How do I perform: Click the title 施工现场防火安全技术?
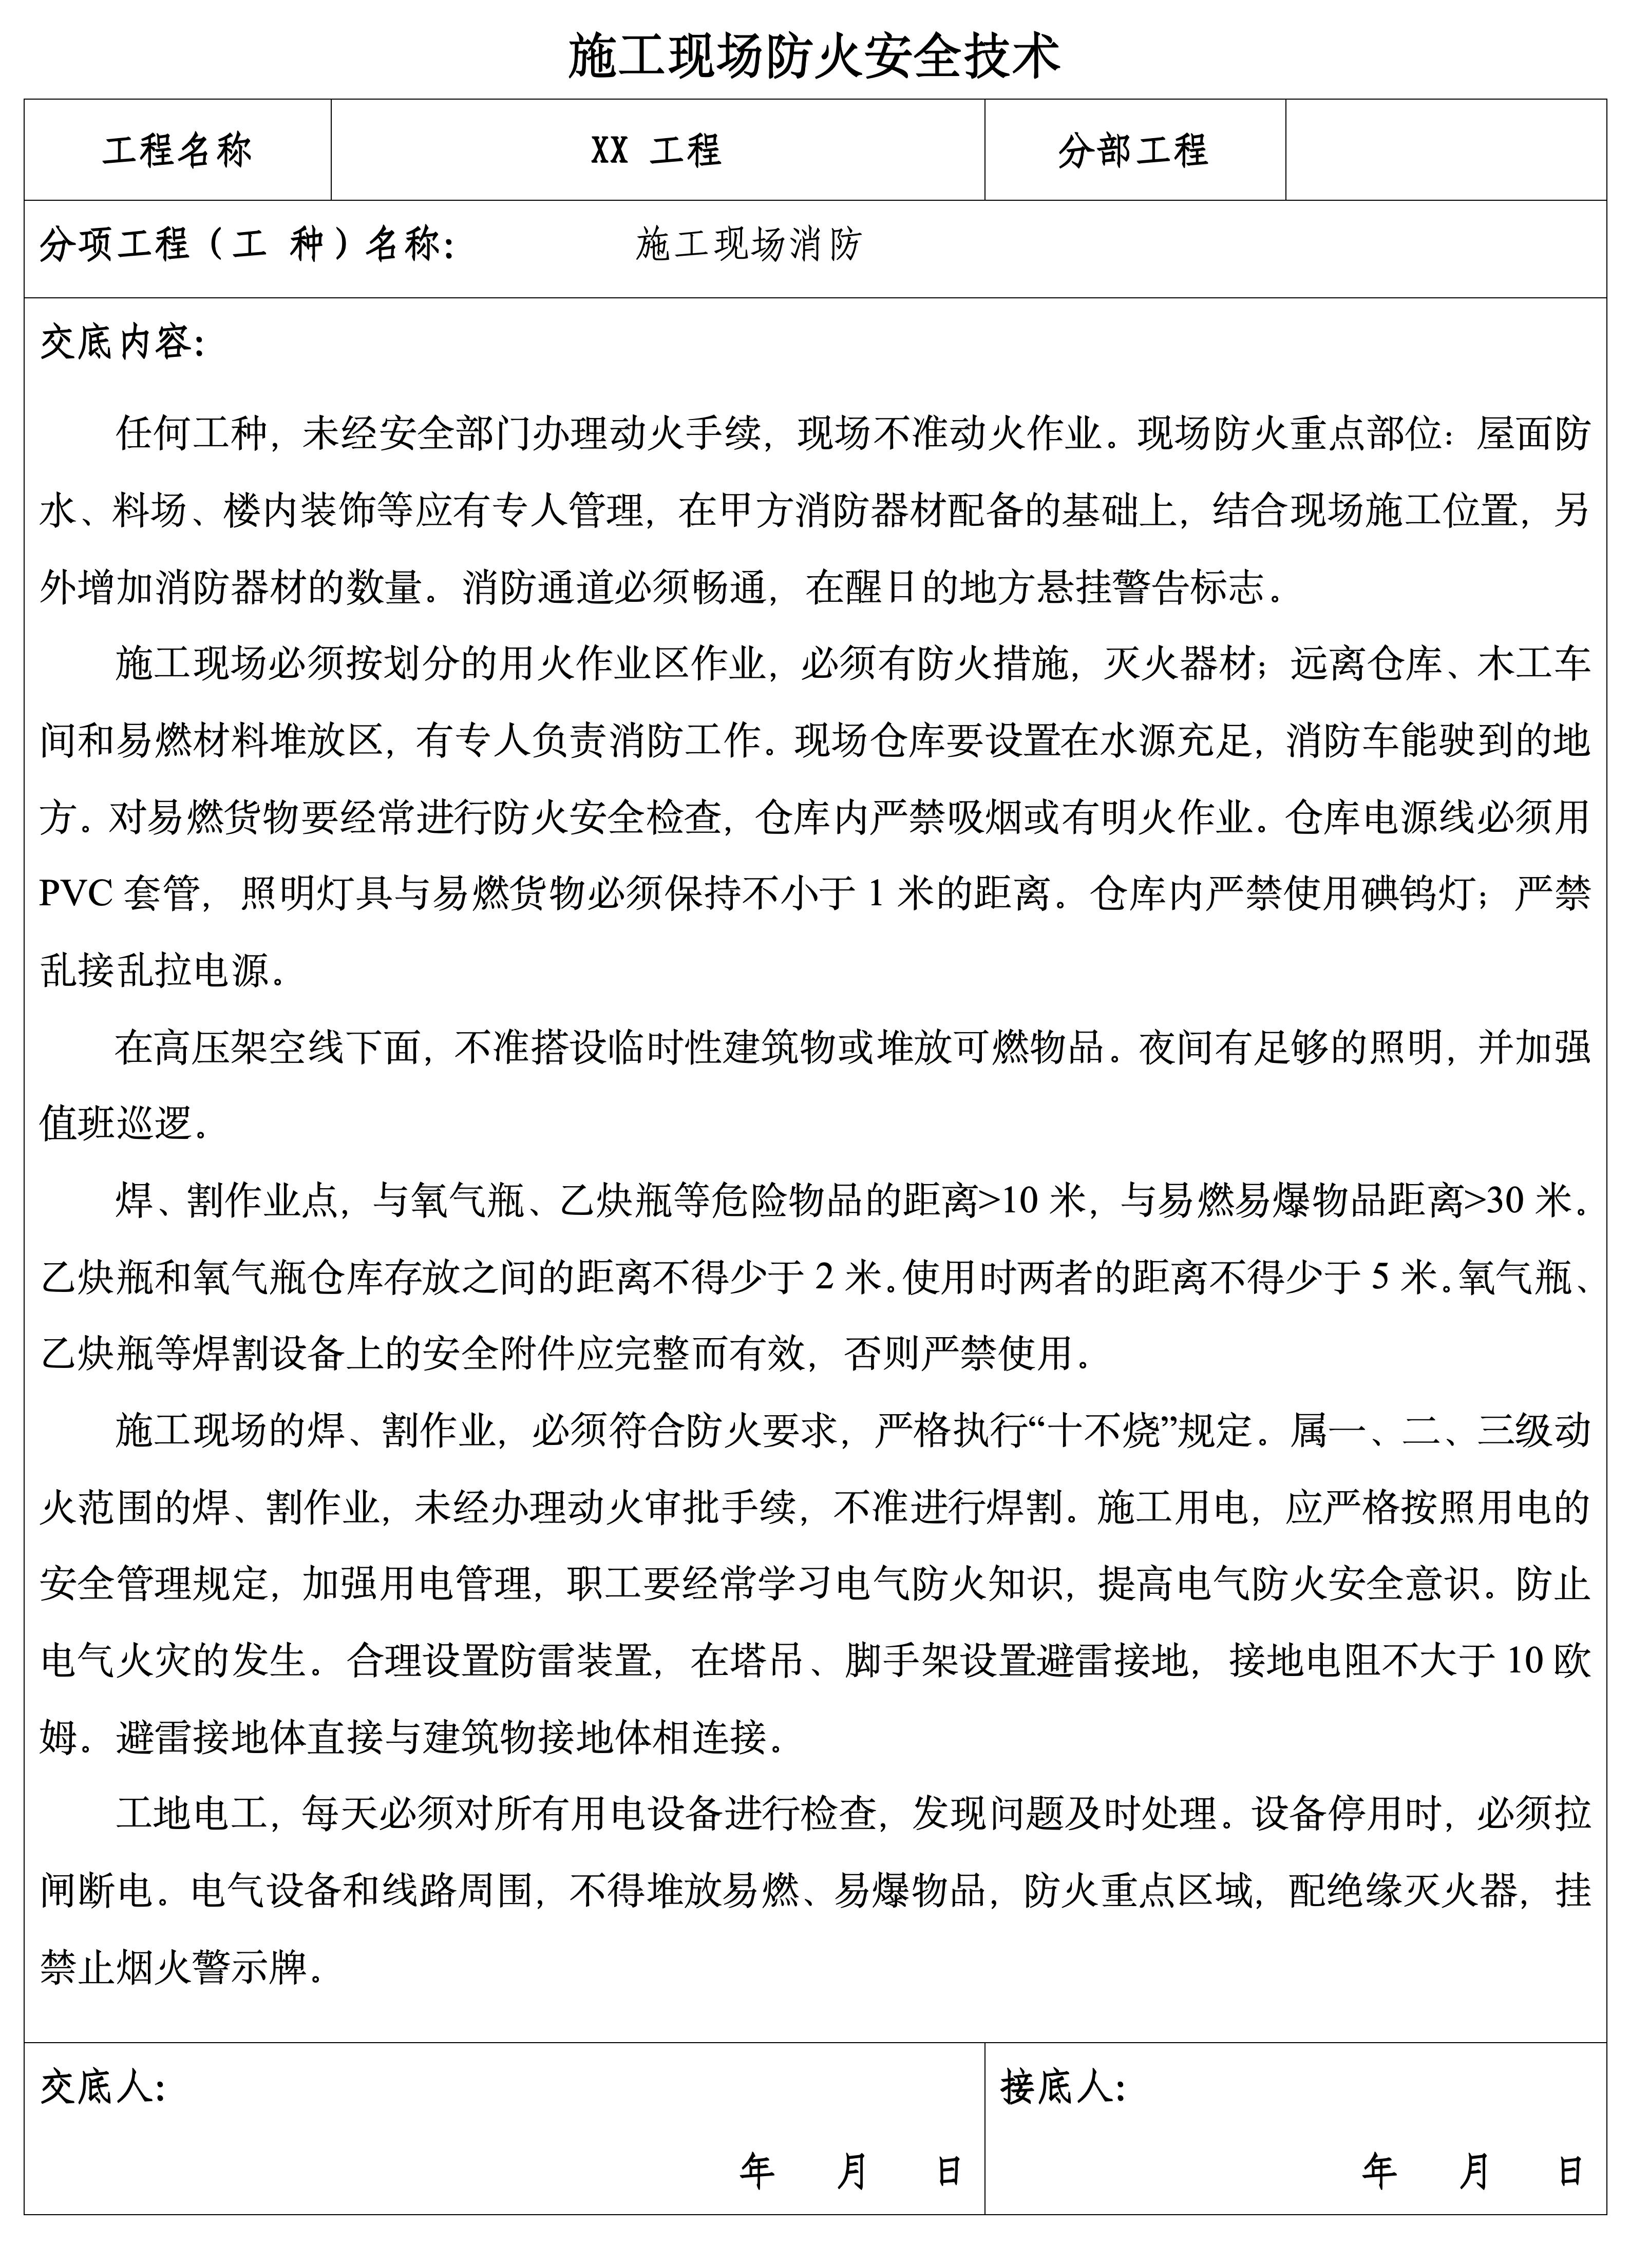tap(814, 55)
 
